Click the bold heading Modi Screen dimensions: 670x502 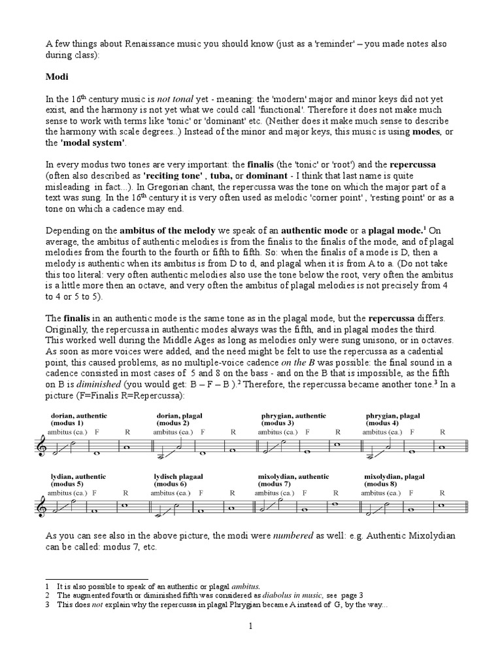tap(56, 77)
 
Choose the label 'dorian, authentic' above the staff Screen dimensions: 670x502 tap(79, 415)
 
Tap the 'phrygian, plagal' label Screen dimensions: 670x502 tap(393, 415)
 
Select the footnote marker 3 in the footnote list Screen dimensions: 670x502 tap(47, 604)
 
